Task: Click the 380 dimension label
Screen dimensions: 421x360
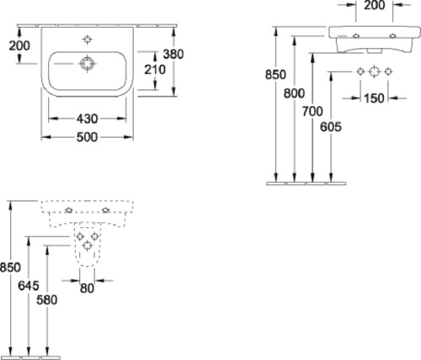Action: pyautogui.click(x=173, y=54)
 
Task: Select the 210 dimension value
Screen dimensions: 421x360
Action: pyautogui.click(x=155, y=70)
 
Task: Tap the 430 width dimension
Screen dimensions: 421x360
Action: pyautogui.click(x=87, y=119)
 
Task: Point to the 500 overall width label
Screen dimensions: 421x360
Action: pyautogui.click(x=87, y=137)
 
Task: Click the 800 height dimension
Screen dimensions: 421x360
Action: pyautogui.click(x=294, y=93)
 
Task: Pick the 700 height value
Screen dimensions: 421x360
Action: pyautogui.click(x=312, y=112)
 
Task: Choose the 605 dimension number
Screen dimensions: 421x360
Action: pyautogui.click(x=331, y=127)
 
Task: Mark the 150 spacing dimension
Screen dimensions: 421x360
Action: pyautogui.click(x=374, y=98)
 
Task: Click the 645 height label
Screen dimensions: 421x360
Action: pyautogui.click(x=29, y=286)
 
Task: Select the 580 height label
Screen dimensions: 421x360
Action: pyautogui.click(x=47, y=300)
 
